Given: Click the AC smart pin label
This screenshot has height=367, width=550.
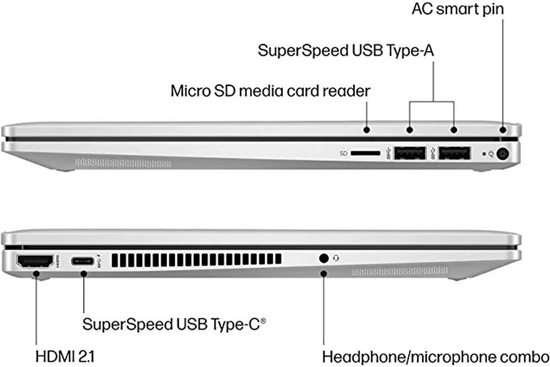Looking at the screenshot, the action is [x=458, y=9].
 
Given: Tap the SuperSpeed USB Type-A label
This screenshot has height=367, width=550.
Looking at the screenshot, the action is [x=346, y=51].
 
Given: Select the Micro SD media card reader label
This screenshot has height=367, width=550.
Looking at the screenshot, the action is [x=270, y=91].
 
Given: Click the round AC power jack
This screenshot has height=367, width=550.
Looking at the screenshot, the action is [x=503, y=154].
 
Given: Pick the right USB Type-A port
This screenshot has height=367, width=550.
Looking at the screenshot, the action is [x=454, y=153].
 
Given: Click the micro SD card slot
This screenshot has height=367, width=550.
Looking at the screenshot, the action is [x=365, y=153].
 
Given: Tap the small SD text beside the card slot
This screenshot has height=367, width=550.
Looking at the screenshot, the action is [x=343, y=154].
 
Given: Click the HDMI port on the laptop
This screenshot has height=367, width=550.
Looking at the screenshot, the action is [x=35, y=261].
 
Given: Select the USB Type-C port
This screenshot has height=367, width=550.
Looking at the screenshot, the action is [x=83, y=261].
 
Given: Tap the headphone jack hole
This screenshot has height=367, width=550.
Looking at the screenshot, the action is [x=324, y=258].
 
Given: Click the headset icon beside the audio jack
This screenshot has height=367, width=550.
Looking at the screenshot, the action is [x=336, y=258].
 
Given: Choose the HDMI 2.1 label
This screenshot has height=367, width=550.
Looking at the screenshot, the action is [x=65, y=357].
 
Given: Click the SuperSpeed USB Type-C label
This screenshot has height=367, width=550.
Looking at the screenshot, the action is [x=174, y=324].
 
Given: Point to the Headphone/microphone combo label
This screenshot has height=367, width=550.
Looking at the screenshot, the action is [x=436, y=357].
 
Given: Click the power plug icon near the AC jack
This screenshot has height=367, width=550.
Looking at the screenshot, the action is [x=491, y=154].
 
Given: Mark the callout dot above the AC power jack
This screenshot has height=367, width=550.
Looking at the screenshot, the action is [x=503, y=130].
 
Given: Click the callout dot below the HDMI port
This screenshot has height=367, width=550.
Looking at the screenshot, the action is [x=36, y=273].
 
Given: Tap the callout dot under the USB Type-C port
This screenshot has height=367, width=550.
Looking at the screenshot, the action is [x=84, y=273].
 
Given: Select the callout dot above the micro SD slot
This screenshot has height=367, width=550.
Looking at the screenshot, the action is [x=366, y=129].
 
